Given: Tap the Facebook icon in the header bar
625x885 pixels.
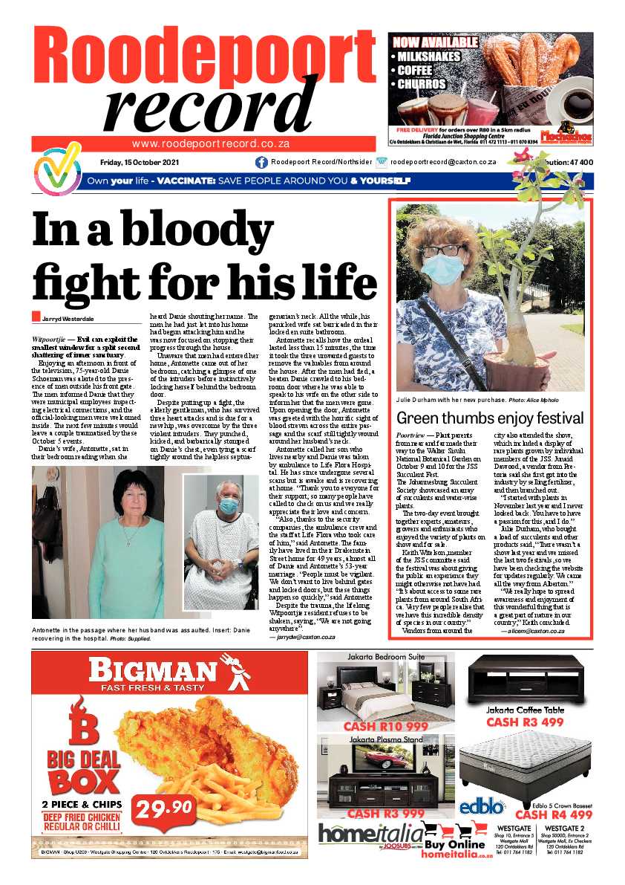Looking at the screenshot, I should click(261, 162).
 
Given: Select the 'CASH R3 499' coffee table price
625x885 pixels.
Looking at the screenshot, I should click(525, 722).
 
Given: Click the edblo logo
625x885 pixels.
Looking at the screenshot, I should click(482, 807).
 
